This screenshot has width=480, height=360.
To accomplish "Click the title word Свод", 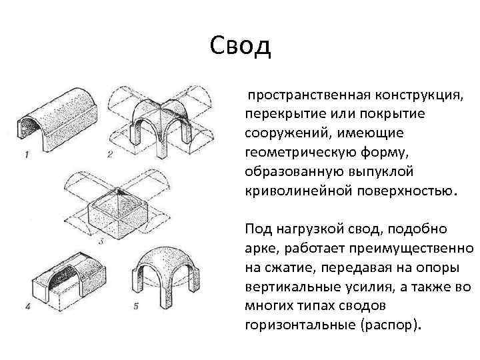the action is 240,45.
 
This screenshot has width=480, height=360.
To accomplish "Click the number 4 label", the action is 28,307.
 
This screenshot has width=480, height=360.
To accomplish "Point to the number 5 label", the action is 135,307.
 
